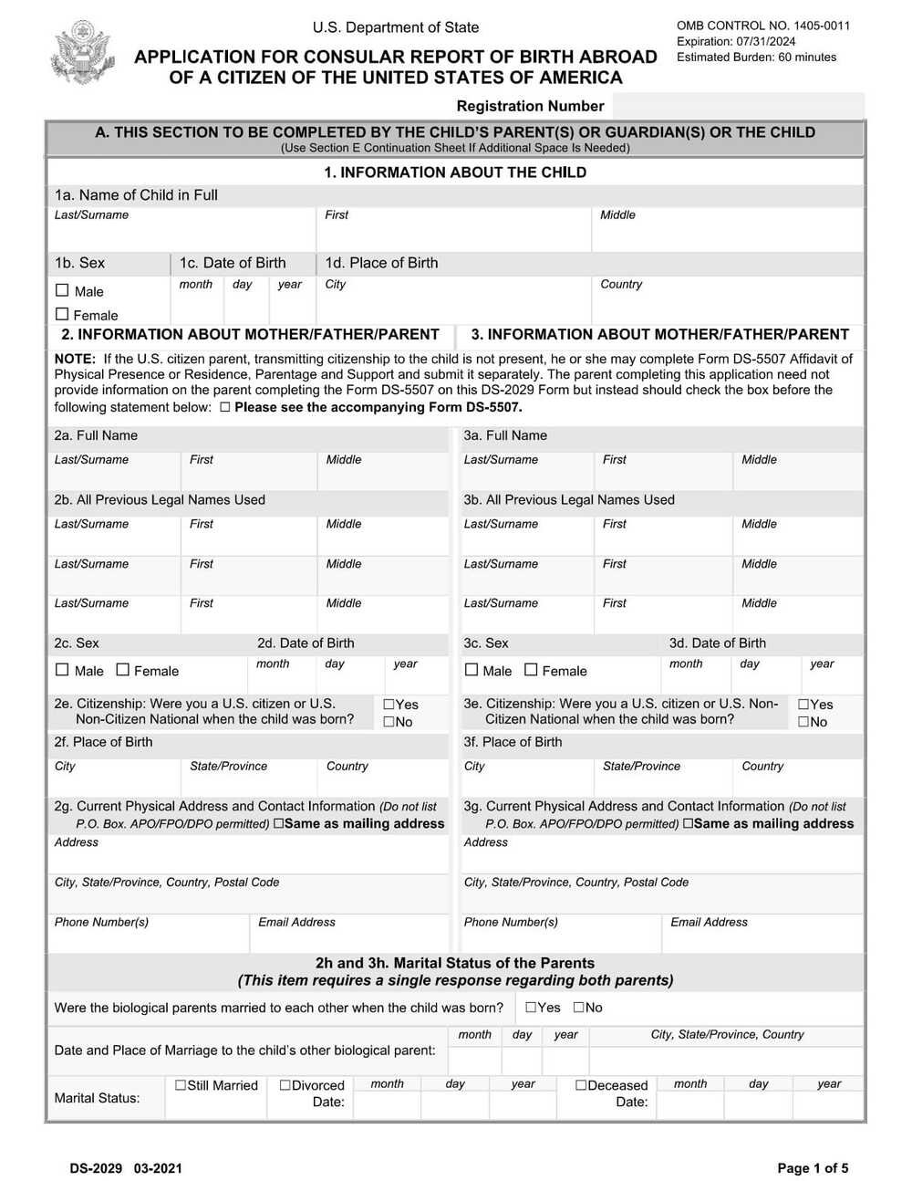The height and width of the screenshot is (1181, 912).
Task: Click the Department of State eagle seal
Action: pyautogui.click(x=82, y=52)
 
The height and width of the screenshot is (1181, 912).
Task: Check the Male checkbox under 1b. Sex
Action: pyautogui.click(x=62, y=290)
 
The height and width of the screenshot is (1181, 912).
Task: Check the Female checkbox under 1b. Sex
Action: pyautogui.click(x=62, y=314)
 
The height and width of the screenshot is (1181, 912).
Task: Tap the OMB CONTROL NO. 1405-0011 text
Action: pyautogui.click(x=762, y=26)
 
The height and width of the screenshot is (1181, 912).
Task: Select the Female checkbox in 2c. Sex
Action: pyautogui.click(x=123, y=670)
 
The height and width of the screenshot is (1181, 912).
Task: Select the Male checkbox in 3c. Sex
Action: pyautogui.click(x=472, y=670)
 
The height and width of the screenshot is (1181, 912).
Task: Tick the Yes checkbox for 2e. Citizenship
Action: pyautogui.click(x=389, y=705)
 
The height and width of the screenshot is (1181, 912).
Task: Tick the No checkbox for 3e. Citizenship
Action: pyautogui.click(x=803, y=722)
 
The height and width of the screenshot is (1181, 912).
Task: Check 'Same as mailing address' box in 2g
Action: pyautogui.click(x=278, y=823)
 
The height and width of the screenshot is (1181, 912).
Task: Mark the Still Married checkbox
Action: pyautogui.click(x=181, y=1085)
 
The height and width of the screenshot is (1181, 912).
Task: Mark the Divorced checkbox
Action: pyautogui.click(x=285, y=1085)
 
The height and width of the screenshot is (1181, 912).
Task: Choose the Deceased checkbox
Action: pyautogui.click(x=581, y=1085)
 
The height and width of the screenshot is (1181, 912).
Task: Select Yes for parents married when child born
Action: pyautogui.click(x=531, y=1008)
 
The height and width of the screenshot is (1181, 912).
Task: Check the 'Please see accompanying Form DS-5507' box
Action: pyautogui.click(x=224, y=407)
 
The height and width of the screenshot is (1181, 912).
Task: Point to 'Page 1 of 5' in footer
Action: pyautogui.click(x=812, y=1168)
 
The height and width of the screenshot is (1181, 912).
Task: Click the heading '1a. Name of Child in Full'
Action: pyautogui.click(x=136, y=195)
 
